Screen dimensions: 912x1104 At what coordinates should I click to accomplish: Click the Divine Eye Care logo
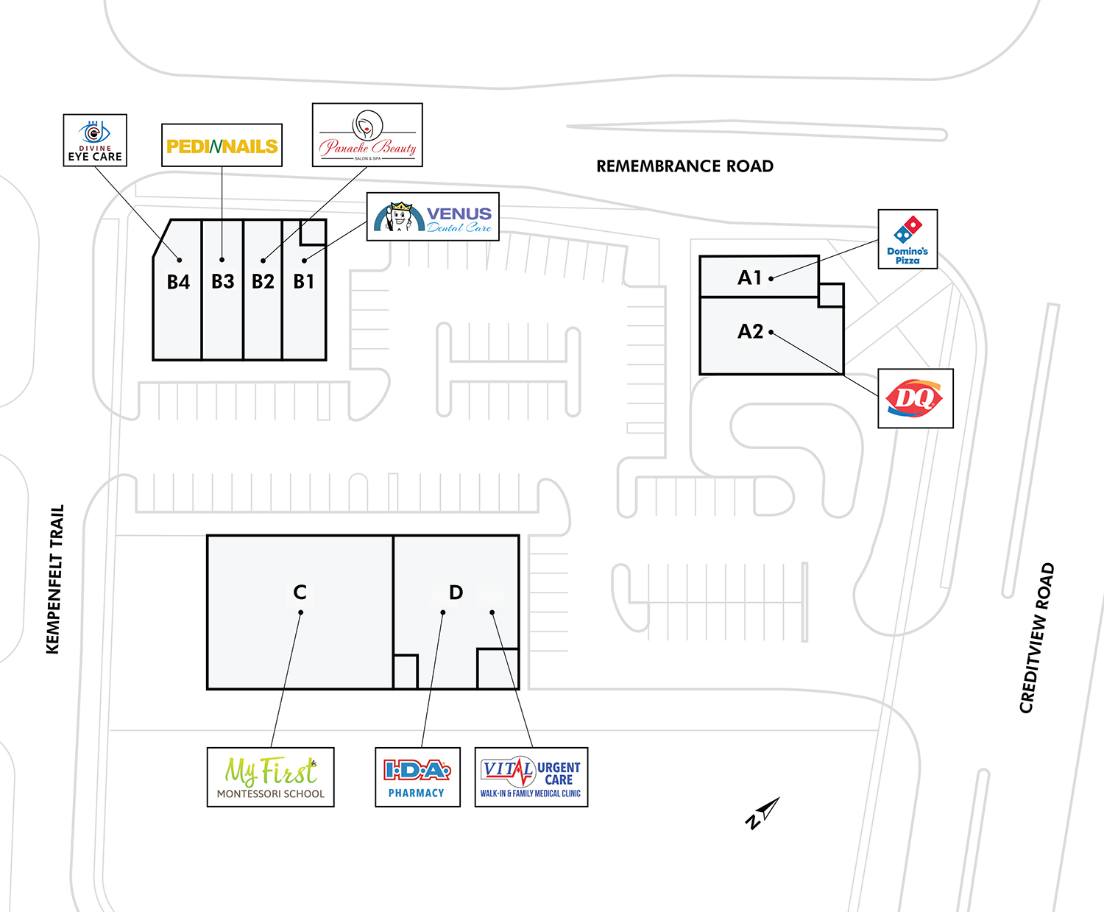click(95, 140)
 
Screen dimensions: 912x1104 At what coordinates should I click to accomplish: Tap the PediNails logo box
click(222, 146)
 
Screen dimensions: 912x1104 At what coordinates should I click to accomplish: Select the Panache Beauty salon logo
click(367, 135)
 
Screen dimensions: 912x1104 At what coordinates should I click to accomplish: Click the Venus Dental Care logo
click(433, 216)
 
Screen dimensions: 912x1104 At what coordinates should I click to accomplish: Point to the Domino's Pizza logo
click(907, 239)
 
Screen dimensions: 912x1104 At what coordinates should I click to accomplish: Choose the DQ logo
click(915, 398)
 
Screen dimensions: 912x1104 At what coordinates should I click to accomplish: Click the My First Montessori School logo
click(270, 777)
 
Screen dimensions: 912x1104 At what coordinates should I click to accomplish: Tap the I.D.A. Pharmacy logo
click(417, 777)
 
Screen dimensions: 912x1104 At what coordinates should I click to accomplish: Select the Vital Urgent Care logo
click(531, 777)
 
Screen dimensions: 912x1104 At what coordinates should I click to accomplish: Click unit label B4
click(178, 282)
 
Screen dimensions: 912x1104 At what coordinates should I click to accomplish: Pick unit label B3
click(222, 281)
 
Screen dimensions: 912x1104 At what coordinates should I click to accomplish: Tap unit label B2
click(263, 281)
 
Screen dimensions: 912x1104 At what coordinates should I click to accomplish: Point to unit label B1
click(304, 281)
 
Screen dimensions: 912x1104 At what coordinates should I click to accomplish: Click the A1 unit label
click(749, 278)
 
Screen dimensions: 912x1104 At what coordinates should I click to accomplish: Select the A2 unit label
click(750, 331)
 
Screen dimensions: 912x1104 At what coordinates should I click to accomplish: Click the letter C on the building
click(300, 592)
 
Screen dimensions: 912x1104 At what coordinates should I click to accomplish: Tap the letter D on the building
click(456, 592)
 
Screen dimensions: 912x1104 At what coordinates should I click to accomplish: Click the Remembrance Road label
click(684, 166)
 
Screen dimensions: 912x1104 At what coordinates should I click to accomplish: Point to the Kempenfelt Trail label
click(55, 579)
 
